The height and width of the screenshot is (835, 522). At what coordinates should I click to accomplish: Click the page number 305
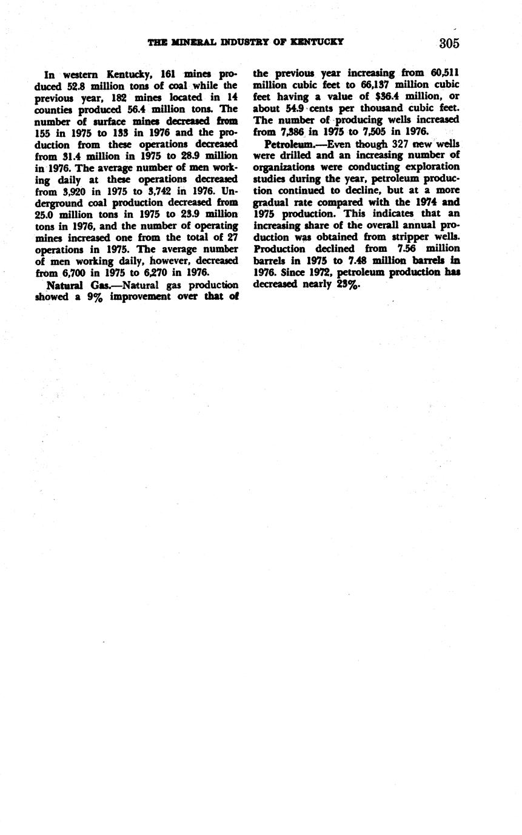pyautogui.click(x=449, y=44)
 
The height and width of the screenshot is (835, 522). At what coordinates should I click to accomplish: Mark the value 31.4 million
pyautogui.click(x=76, y=156)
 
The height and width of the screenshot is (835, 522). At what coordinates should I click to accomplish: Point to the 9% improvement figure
pyautogui.click(x=93, y=297)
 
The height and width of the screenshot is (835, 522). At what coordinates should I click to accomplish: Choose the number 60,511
pyautogui.click(x=444, y=73)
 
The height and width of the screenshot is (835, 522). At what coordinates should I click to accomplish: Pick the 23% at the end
pyautogui.click(x=349, y=284)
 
